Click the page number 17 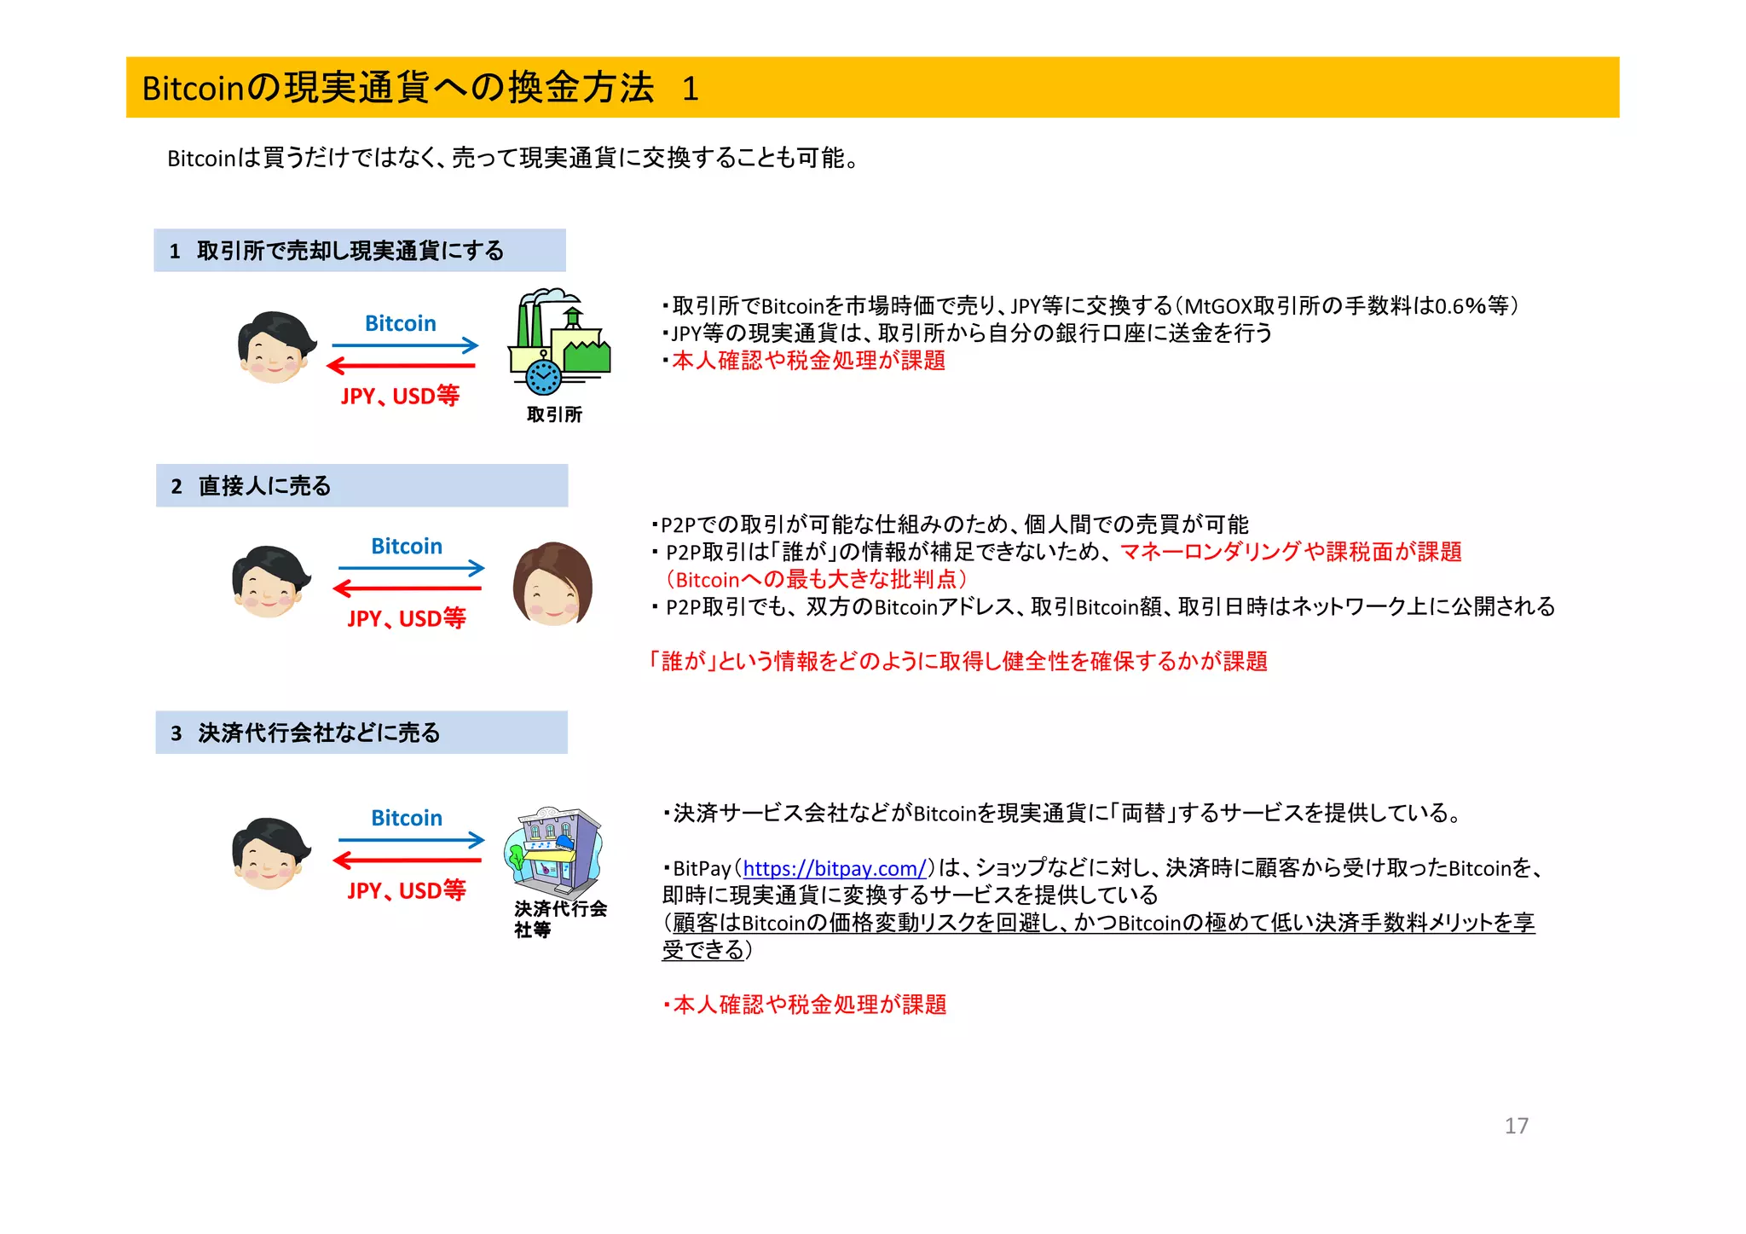pyautogui.click(x=1516, y=1126)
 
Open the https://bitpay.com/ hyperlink pyautogui.click(x=834, y=868)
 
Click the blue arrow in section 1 pyautogui.click(x=405, y=345)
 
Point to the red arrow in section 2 pyautogui.click(x=408, y=588)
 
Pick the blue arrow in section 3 pyautogui.click(x=411, y=840)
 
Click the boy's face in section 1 pyautogui.click(x=275, y=348)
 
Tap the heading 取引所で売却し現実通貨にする pyautogui.click(x=350, y=251)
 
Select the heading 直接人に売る pyautogui.click(x=264, y=486)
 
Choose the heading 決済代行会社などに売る pyautogui.click(x=319, y=733)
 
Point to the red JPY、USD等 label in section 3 pyautogui.click(x=407, y=890)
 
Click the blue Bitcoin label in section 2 pyautogui.click(x=407, y=546)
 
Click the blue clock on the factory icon pyautogui.click(x=543, y=376)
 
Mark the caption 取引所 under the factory pyautogui.click(x=554, y=414)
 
